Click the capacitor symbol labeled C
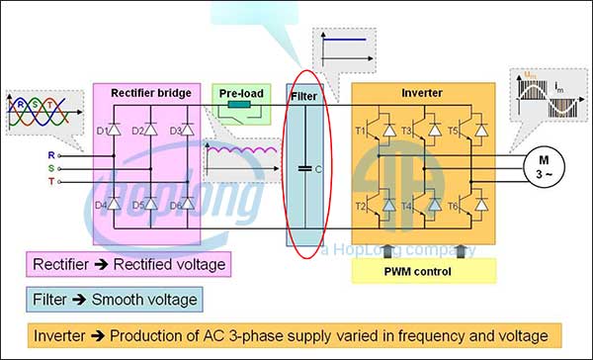pos(305,169)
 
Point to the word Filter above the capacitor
pos(304,96)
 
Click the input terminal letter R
pos(50,155)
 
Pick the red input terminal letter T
pos(50,181)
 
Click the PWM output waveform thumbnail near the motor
pos(545,98)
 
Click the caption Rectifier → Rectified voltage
pos(127,264)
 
